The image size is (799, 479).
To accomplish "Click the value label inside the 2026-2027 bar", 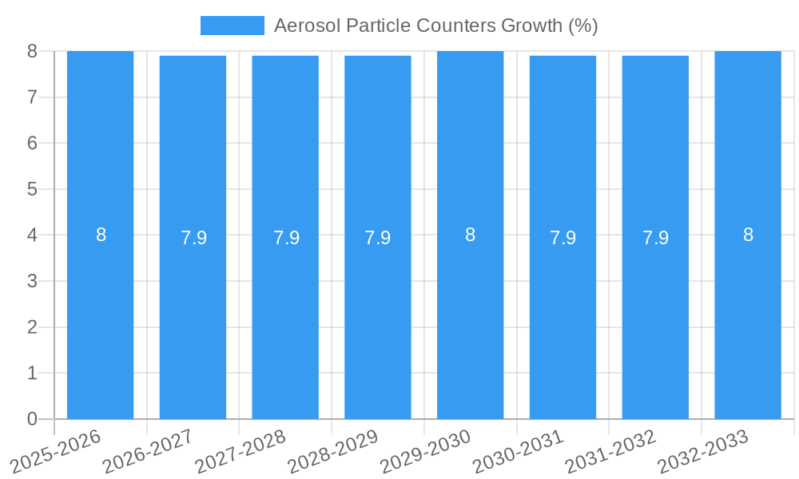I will [193, 238].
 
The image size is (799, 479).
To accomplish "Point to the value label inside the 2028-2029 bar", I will [378, 238].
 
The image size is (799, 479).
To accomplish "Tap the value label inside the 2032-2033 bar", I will [748, 235].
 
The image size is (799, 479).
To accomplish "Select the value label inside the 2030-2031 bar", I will [562, 238].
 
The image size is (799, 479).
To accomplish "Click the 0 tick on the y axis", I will [32, 419].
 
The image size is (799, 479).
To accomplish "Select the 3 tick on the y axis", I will [32, 281].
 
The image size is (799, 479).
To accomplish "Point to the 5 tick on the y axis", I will [32, 189].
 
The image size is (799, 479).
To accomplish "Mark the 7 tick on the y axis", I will [32, 97].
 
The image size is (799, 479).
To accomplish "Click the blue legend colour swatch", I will [232, 26].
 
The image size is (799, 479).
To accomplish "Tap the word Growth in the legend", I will [531, 26].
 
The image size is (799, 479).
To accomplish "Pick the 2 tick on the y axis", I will [32, 327].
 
